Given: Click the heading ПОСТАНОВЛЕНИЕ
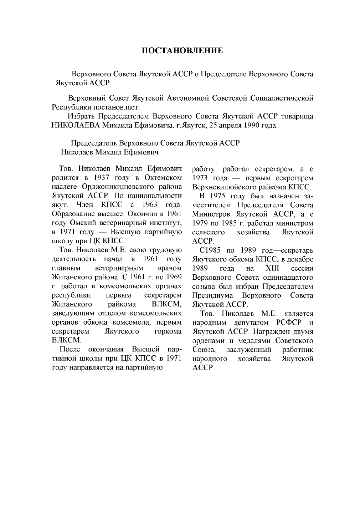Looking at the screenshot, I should pyautogui.click(x=182, y=51).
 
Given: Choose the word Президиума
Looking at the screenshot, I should pyautogui.click(x=212, y=295).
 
